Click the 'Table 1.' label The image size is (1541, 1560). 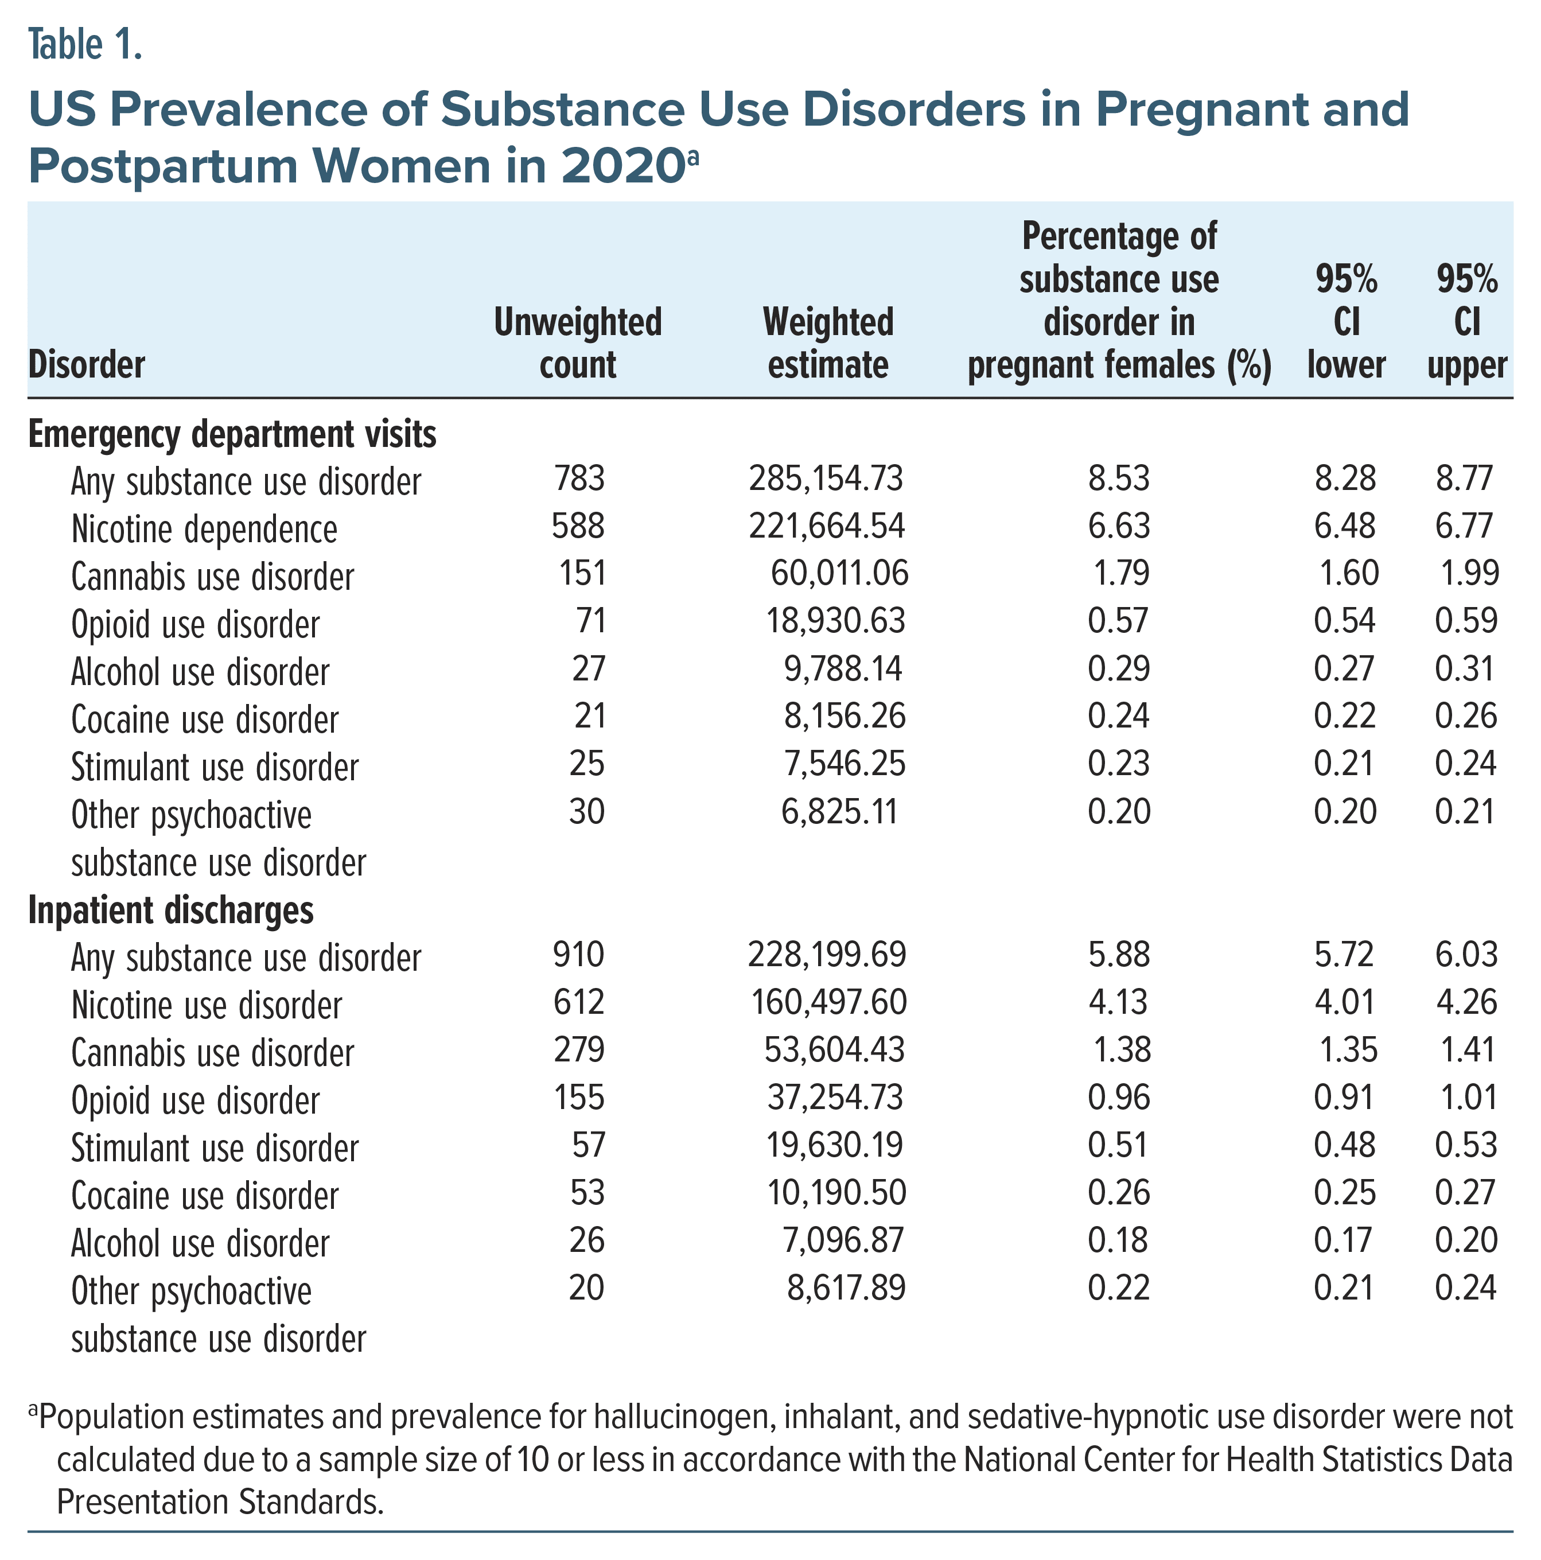click(x=85, y=45)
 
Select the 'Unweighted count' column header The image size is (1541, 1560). click(x=577, y=343)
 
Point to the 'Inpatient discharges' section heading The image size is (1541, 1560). click(x=171, y=911)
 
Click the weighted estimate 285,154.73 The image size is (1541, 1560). click(x=826, y=479)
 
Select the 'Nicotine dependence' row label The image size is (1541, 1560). click(x=204, y=530)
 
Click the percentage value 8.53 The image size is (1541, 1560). click(x=1118, y=479)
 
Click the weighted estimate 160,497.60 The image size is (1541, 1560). click(x=828, y=1003)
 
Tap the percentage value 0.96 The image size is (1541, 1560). click(x=1118, y=1098)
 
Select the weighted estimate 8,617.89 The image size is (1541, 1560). click(x=846, y=1289)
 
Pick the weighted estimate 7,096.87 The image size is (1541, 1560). click(x=843, y=1241)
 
